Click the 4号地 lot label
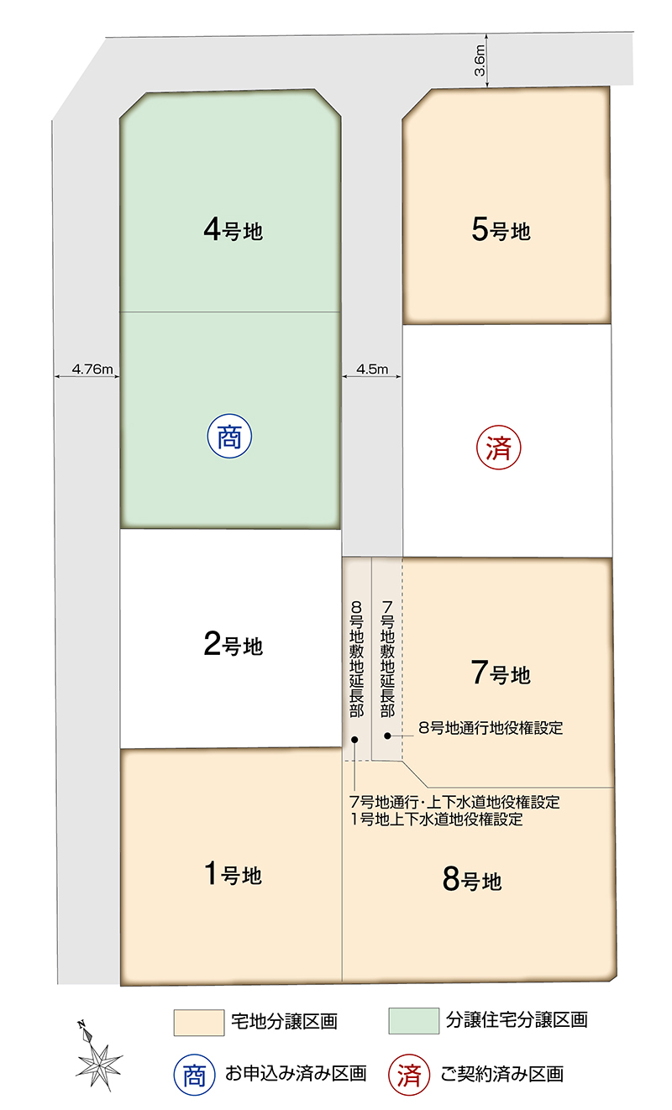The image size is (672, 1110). tap(233, 230)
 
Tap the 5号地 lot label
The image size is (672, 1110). tap(501, 229)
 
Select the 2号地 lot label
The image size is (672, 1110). tap(233, 644)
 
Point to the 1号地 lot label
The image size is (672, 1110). tap(233, 873)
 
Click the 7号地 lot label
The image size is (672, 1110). tap(501, 673)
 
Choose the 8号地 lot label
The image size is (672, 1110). tap(472, 880)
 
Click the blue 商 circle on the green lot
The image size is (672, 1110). tap(229, 436)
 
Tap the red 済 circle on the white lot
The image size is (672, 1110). tap(499, 448)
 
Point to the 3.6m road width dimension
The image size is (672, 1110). tap(480, 60)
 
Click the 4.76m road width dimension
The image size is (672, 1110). tap(92, 369)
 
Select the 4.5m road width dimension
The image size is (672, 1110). tap(371, 369)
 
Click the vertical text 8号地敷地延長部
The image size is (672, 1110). tap(356, 659)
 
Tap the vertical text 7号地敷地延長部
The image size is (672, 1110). tap(387, 659)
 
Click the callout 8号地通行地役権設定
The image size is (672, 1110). tap(491, 728)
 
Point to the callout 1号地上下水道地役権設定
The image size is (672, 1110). tap(437, 819)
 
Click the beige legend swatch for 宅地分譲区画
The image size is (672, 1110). tap(199, 1023)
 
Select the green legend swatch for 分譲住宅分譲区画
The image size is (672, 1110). tap(414, 1021)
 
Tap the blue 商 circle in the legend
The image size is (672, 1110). tap(194, 1075)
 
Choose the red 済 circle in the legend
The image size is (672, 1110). tap(409, 1075)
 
